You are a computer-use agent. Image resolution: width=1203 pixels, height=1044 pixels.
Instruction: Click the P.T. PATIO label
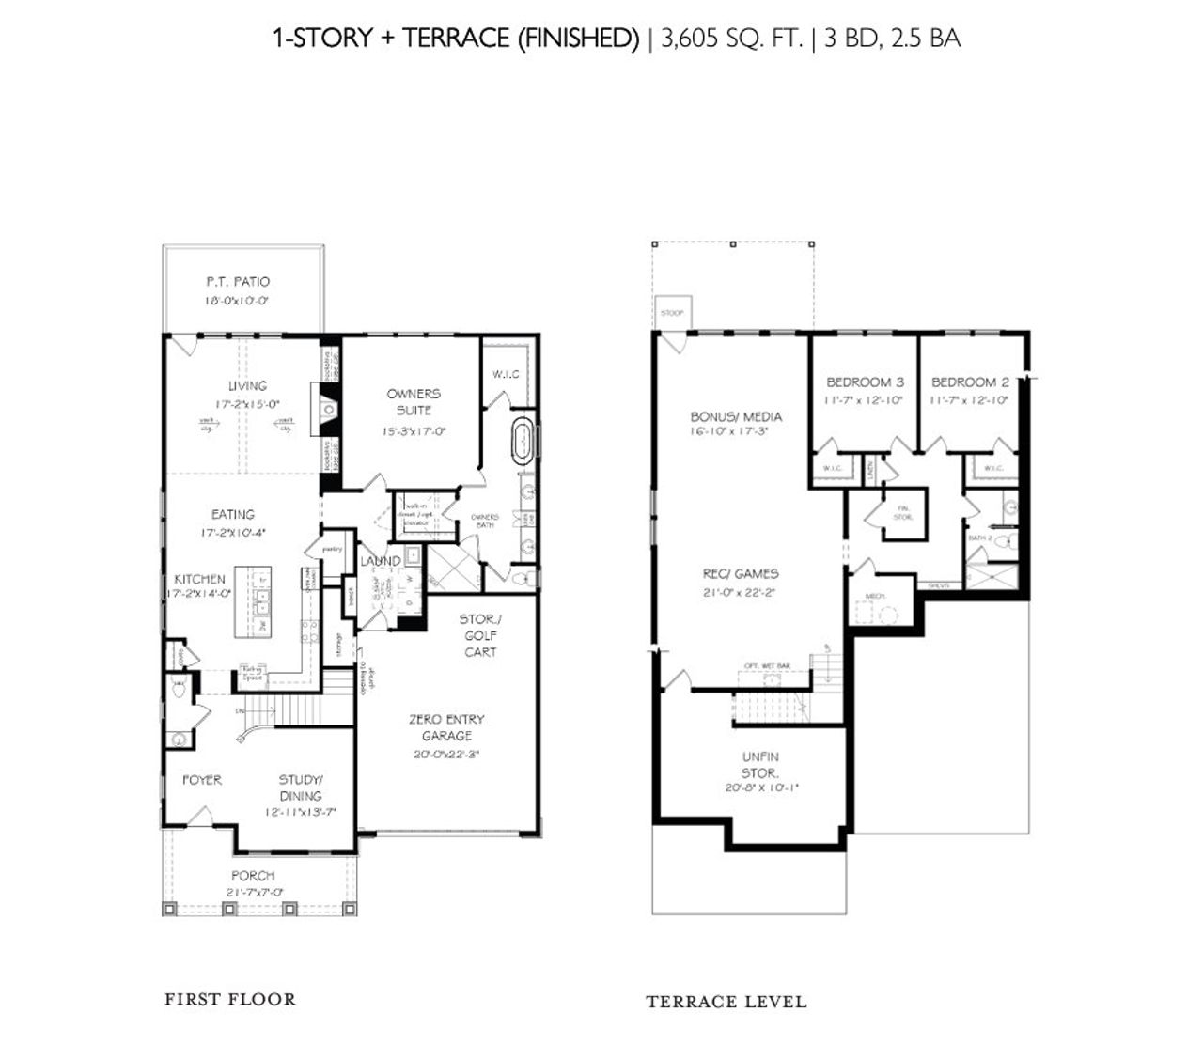238,281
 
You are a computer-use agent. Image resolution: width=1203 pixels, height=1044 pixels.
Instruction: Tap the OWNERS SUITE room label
414,401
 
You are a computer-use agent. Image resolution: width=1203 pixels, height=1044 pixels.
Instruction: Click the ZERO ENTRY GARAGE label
446,727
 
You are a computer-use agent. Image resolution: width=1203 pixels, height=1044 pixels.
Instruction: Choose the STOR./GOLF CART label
479,635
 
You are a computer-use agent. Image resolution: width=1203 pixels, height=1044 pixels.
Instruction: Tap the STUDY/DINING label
301,787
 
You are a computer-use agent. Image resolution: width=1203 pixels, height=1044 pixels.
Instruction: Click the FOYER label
201,780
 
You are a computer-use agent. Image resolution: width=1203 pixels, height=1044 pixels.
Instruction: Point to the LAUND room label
381,561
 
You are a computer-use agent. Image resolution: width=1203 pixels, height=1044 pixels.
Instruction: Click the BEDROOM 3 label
865,382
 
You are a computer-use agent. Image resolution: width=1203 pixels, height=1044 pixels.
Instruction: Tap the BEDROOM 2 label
970,382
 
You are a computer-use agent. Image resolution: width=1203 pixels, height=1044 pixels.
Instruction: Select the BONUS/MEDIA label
736,416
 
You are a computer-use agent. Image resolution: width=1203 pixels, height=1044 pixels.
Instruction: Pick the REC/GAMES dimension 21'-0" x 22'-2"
741,592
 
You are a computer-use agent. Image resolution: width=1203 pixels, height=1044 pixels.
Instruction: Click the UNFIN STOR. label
759,764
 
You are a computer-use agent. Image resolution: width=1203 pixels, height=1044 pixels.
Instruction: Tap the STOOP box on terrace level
671,313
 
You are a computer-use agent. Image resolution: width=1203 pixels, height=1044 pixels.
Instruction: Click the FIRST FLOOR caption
230,999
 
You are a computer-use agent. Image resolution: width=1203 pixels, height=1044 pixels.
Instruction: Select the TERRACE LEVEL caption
726,1002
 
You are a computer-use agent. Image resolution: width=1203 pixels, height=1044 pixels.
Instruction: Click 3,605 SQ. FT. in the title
732,39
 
